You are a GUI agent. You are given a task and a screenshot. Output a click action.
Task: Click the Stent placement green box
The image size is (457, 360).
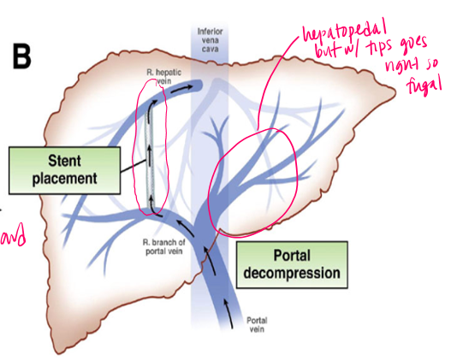64,169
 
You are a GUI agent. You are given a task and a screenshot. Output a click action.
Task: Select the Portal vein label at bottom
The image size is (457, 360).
256,326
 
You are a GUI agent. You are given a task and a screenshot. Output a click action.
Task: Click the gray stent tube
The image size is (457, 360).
150,150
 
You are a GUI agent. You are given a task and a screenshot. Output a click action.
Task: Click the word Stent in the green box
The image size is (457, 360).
64,160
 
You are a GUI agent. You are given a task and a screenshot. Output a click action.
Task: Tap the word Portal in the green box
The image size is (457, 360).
293,255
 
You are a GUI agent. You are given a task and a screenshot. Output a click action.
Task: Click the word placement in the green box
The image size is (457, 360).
64,180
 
